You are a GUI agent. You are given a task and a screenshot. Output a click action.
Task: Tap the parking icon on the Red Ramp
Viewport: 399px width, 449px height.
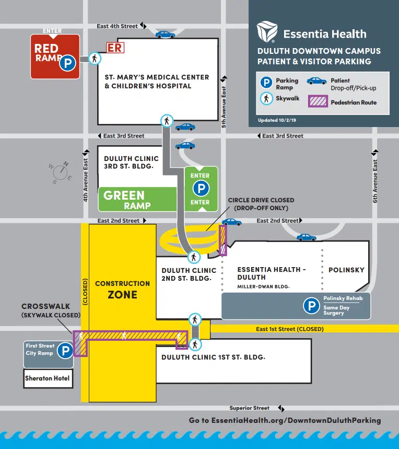click(x=67, y=63)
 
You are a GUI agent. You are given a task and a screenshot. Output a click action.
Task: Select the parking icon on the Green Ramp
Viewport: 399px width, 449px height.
click(x=200, y=189)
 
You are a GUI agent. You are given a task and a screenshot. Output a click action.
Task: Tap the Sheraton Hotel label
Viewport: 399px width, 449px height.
click(x=47, y=378)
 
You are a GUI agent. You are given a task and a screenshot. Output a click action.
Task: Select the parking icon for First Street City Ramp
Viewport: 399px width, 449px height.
click(x=65, y=350)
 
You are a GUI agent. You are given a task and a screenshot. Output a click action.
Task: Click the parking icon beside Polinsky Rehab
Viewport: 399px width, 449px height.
click(x=312, y=306)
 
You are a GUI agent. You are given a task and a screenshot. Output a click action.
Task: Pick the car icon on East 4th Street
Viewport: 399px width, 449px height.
click(x=165, y=34)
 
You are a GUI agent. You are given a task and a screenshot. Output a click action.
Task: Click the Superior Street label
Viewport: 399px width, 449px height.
click(x=250, y=408)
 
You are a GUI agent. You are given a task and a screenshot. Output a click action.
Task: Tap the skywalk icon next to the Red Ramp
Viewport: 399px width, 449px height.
click(x=94, y=59)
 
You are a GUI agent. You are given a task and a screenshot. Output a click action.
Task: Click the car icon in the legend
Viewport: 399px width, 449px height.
click(x=316, y=81)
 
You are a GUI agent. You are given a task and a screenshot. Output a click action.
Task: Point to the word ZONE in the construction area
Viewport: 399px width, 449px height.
click(x=122, y=295)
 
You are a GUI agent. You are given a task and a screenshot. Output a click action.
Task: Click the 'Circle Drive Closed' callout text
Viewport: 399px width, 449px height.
click(x=261, y=204)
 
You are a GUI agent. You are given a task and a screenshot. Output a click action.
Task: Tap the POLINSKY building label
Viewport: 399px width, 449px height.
click(x=346, y=270)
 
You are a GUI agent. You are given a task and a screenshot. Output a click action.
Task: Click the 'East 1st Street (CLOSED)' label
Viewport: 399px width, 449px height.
click(x=289, y=329)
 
